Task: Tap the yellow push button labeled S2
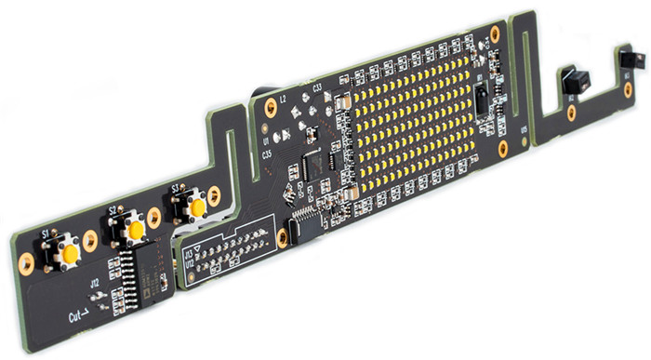(x=136, y=229)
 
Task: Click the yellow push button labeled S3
(x=196, y=207)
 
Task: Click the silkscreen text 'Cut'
(x=77, y=316)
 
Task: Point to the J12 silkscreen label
(x=94, y=281)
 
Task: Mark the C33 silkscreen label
(x=317, y=88)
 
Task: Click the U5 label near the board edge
(x=524, y=129)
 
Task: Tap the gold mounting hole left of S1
(x=26, y=266)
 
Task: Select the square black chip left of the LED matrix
(x=314, y=167)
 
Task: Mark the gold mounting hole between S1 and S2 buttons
(x=90, y=239)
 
